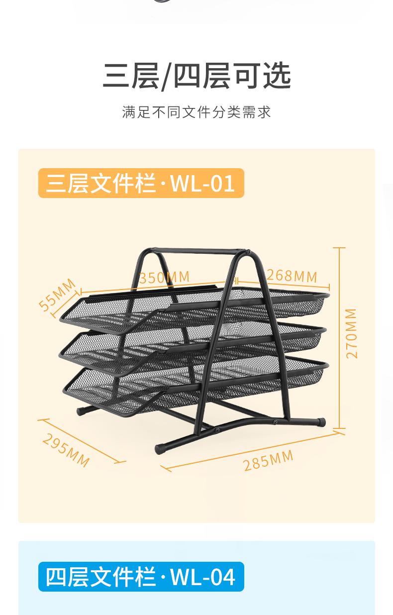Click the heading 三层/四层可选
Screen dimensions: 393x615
[196, 77]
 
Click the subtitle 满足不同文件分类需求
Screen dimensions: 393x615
[196, 112]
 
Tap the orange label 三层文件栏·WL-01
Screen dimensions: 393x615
[141, 183]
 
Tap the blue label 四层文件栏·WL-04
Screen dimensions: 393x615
[141, 577]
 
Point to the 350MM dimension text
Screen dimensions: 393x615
[164, 277]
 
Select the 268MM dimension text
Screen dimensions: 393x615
[292, 275]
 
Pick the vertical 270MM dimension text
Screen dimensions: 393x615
[351, 333]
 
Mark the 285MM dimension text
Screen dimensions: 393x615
[268, 460]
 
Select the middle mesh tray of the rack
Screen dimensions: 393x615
[199, 338]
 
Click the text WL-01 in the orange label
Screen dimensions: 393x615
[202, 183]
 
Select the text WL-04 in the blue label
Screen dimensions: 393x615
[202, 577]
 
